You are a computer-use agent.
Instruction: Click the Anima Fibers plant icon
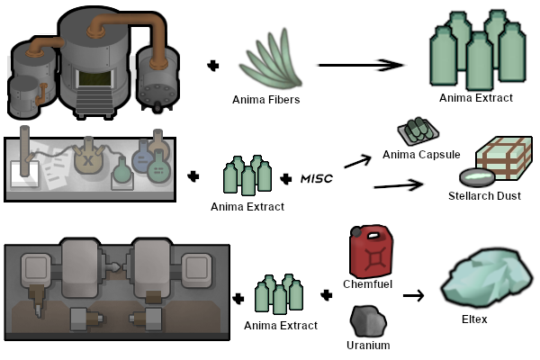[272, 59]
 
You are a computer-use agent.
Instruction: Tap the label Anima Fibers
[265, 100]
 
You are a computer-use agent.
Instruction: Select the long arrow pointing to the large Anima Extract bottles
[361, 65]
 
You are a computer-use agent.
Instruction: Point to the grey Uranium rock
[368, 321]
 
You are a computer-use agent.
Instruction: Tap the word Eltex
[474, 319]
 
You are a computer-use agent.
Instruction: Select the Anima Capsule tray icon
[418, 131]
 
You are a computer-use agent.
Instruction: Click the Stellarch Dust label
[484, 196]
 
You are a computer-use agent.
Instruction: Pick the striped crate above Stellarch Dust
[504, 157]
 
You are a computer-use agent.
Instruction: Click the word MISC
[317, 178]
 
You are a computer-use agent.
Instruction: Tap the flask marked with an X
[88, 157]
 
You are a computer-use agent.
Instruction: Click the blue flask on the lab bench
[142, 158]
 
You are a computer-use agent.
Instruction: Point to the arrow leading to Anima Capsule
[358, 161]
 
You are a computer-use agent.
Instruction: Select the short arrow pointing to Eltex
[413, 295]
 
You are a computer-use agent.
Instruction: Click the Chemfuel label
[367, 283]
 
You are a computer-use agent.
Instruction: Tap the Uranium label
[368, 346]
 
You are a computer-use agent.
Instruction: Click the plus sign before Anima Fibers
[213, 66]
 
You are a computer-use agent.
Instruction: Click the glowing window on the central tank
[94, 78]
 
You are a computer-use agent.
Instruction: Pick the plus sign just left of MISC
[286, 179]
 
